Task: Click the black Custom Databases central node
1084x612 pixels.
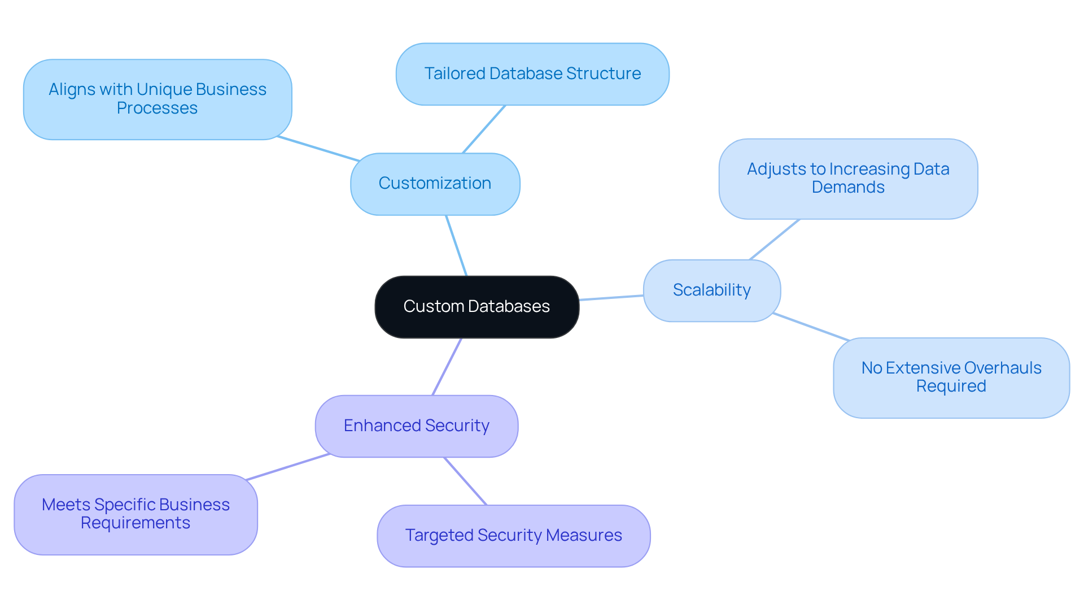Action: pyautogui.click(x=477, y=306)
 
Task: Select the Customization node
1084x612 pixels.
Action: pyautogui.click(x=435, y=184)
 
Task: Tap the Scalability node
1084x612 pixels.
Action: pyautogui.click(x=711, y=290)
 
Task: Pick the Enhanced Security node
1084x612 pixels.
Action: pyautogui.click(x=416, y=426)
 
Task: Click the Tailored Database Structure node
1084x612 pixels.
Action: pyautogui.click(x=532, y=74)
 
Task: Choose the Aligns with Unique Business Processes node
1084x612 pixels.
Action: pyautogui.click(x=157, y=99)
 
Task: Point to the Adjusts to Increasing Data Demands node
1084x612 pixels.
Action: pyautogui.click(x=847, y=179)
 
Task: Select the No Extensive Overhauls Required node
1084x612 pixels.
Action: pyautogui.click(x=951, y=377)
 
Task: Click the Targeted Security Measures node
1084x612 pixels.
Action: pyautogui.click(x=513, y=536)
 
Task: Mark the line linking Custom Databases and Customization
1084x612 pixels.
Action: pyautogui.click(x=456, y=245)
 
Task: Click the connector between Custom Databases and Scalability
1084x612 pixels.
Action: pyautogui.click(x=611, y=297)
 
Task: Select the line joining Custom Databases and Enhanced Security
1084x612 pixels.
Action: pyautogui.click(x=447, y=367)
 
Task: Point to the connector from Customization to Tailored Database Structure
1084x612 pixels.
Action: pyautogui.click(x=484, y=129)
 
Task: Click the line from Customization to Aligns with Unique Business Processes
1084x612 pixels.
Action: pyautogui.click(x=318, y=149)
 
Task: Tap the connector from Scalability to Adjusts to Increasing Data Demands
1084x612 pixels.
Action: pyautogui.click(x=774, y=240)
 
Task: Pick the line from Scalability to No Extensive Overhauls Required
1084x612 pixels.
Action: pyautogui.click(x=811, y=327)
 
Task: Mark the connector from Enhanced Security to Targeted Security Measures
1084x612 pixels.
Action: pyautogui.click(x=465, y=481)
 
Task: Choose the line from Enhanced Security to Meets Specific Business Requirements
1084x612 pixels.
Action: pyautogui.click(x=288, y=467)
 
